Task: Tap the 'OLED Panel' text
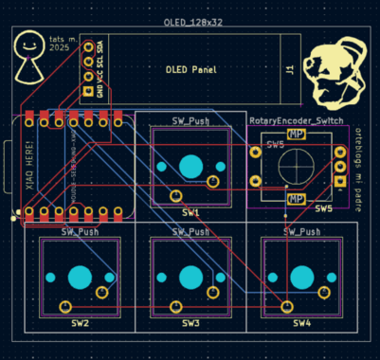click(x=191, y=70)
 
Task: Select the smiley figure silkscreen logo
click(x=30, y=60)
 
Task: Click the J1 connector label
click(x=290, y=69)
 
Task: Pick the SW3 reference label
click(x=190, y=324)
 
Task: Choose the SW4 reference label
click(x=301, y=324)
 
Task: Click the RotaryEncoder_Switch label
click(x=297, y=121)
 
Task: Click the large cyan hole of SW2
click(x=80, y=279)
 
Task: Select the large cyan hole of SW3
click(x=190, y=279)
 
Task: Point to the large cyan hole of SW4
click(x=301, y=279)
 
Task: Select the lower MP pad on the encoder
click(x=296, y=198)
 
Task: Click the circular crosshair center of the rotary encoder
click(x=296, y=167)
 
